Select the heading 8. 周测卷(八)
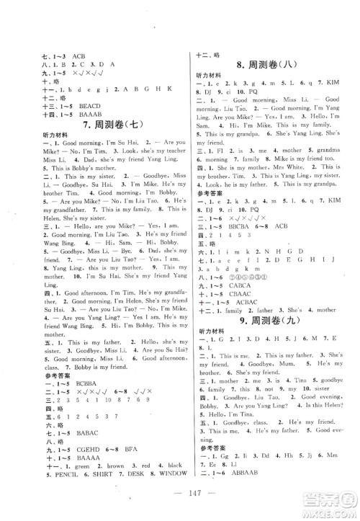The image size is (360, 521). click(x=275, y=68)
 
